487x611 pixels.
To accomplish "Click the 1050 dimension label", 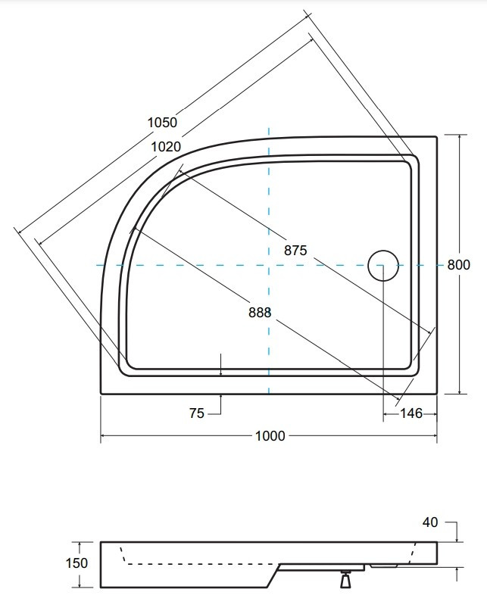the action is (x=162, y=123).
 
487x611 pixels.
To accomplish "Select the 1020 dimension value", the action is (x=166, y=147).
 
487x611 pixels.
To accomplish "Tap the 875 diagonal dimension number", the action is (x=295, y=250).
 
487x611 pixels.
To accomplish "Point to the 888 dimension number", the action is (x=260, y=312).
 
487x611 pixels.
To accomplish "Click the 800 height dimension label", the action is (x=458, y=265).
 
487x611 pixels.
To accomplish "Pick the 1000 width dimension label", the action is (x=270, y=435).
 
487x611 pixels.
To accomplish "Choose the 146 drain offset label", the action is (x=411, y=413).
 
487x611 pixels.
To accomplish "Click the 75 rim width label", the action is (x=197, y=413).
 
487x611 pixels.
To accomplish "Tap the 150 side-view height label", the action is (x=76, y=563).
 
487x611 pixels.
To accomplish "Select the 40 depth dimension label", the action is (x=430, y=522).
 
